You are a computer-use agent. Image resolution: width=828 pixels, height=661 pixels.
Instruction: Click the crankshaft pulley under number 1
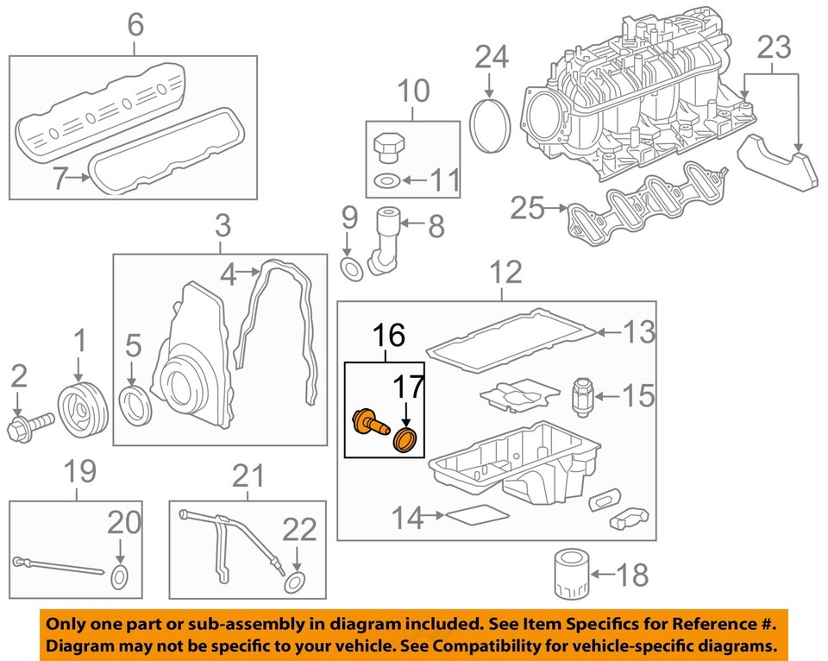point(82,412)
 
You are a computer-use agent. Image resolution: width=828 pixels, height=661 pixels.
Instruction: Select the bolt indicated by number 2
point(30,425)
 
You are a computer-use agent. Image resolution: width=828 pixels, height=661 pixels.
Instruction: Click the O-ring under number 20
point(120,577)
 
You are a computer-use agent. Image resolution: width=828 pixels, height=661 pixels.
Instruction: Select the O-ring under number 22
point(295,580)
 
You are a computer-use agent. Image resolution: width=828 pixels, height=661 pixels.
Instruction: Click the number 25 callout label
point(528,208)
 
